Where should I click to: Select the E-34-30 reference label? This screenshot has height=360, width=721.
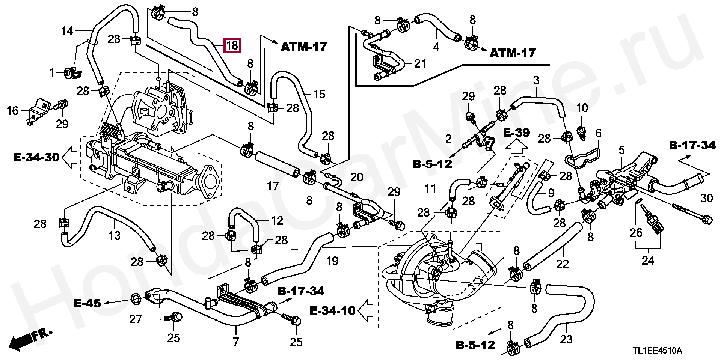(36, 157)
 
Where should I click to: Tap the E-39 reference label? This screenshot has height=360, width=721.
(516, 133)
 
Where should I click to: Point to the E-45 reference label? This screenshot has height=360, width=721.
(87, 303)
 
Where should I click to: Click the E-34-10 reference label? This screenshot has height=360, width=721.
(332, 310)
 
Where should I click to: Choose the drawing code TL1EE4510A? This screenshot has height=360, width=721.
(658, 351)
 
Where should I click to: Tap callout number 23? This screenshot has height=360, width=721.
(566, 339)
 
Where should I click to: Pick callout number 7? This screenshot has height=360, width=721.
(236, 342)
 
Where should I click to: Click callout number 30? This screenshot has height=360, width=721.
(706, 198)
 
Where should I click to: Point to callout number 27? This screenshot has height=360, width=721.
(136, 319)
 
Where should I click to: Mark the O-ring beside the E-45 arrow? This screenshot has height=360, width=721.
(136, 299)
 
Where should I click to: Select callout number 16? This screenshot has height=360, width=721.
(13, 111)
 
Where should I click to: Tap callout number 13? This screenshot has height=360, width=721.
(115, 235)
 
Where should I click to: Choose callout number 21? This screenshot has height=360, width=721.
(420, 63)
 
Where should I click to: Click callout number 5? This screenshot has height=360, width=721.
(621, 151)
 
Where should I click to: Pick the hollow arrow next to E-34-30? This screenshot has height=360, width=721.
(69, 157)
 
